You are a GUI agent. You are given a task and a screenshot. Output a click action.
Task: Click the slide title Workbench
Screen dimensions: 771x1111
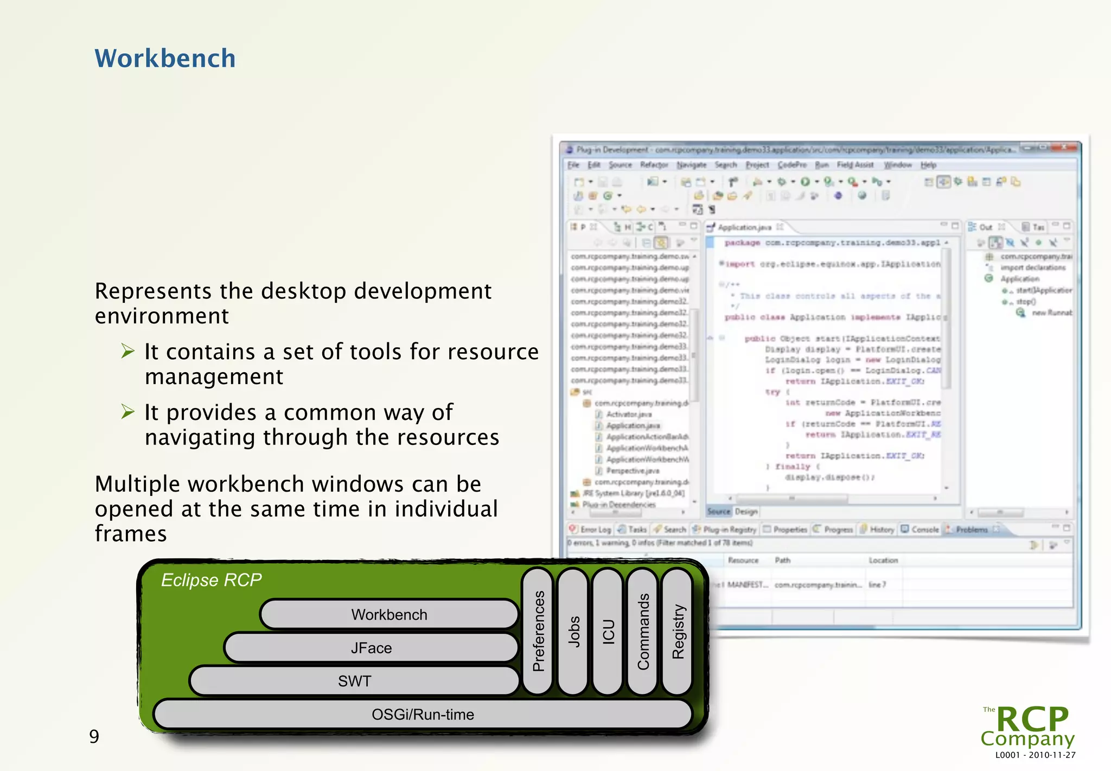pyautogui.click(x=165, y=59)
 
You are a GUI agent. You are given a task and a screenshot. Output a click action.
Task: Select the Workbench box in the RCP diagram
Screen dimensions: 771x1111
pyautogui.click(x=389, y=614)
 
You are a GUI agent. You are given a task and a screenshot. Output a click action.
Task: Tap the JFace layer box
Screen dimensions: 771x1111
pyautogui.click(x=371, y=648)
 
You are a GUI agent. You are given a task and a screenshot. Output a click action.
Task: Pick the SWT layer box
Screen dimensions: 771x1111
pyautogui.click(x=354, y=681)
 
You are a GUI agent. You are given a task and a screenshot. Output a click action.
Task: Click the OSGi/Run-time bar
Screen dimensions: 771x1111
pyautogui.click(x=423, y=715)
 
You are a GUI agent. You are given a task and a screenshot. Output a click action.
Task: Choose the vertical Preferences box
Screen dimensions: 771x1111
pyautogui.click(x=538, y=631)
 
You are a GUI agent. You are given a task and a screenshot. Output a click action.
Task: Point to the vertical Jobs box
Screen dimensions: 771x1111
pyautogui.click(x=573, y=631)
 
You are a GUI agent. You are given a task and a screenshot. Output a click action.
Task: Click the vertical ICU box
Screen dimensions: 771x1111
pyautogui.click(x=608, y=631)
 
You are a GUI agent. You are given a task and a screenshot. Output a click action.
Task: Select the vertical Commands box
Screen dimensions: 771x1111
pyautogui.click(x=643, y=631)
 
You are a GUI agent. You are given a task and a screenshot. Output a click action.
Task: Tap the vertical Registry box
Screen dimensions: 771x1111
pyautogui.click(x=678, y=631)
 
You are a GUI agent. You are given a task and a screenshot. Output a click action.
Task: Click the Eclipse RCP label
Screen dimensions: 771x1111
pyautogui.click(x=211, y=580)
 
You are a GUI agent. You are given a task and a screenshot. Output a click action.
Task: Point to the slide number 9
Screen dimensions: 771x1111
pyautogui.click(x=94, y=736)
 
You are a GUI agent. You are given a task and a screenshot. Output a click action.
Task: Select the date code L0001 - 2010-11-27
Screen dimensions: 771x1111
pyautogui.click(x=1035, y=755)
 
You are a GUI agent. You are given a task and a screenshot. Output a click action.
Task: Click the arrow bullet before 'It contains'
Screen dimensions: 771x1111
pyautogui.click(x=127, y=351)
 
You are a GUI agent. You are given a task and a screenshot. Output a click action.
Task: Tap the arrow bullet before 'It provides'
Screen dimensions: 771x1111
pyautogui.click(x=127, y=412)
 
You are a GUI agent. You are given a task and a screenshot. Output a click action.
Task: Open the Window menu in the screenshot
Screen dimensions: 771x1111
pyautogui.click(x=897, y=165)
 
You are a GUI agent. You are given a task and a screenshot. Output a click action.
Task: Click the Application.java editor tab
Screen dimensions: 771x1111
pyautogui.click(x=744, y=227)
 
